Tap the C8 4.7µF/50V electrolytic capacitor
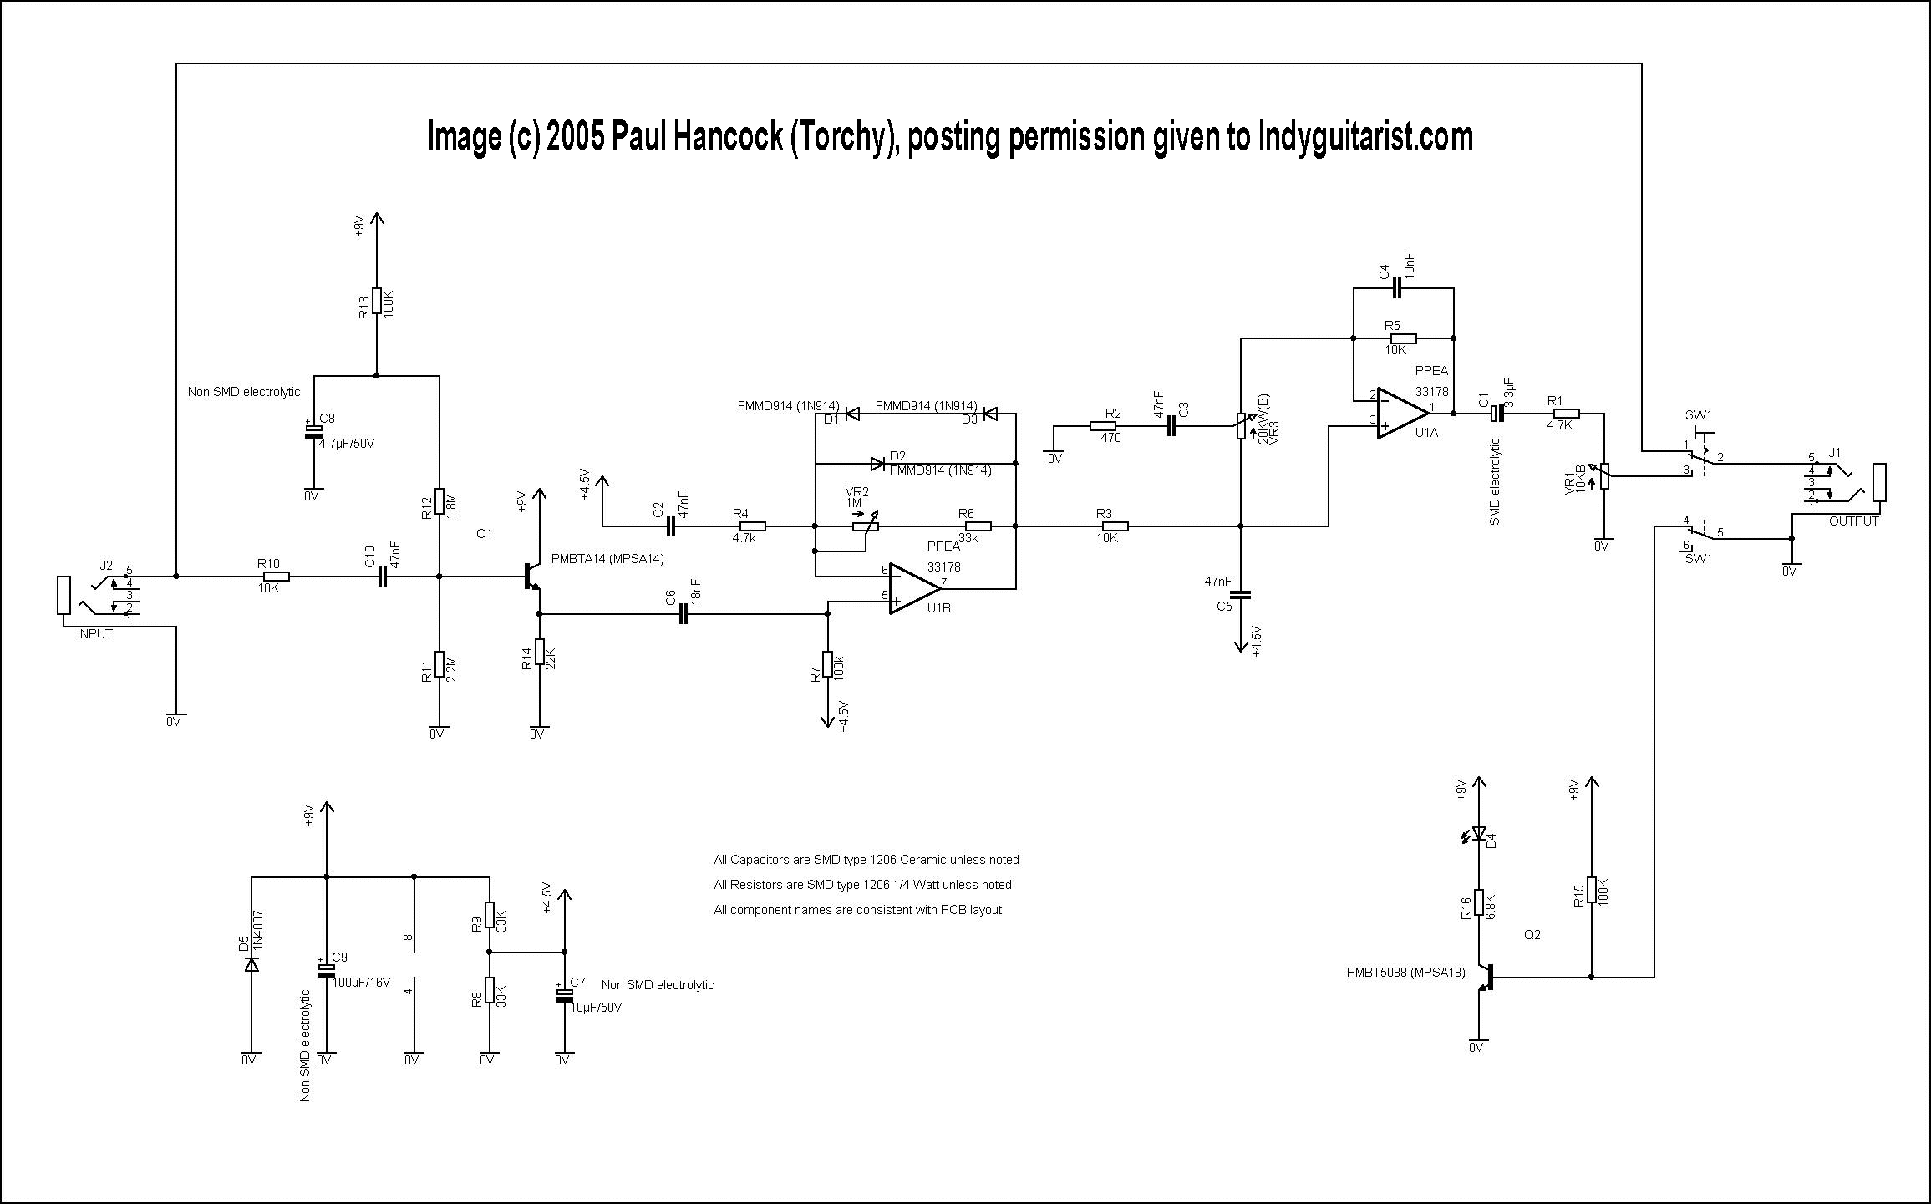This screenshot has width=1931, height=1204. pyautogui.click(x=313, y=431)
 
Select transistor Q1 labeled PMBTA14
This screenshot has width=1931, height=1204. pyautogui.click(x=531, y=577)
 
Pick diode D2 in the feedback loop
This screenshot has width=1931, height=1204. pyautogui.click(x=877, y=463)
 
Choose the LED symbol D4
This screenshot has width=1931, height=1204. pyautogui.click(x=1479, y=834)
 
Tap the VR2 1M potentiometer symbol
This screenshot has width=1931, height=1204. pyautogui.click(x=861, y=526)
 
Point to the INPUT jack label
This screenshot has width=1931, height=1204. pyautogui.click(x=95, y=634)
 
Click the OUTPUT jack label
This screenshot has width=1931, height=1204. pyautogui.click(x=1853, y=521)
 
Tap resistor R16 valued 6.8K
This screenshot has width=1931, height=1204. pyautogui.click(x=1479, y=902)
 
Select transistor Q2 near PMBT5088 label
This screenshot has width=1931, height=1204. pyautogui.click(x=1486, y=978)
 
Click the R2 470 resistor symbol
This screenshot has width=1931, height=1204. pyautogui.click(x=1103, y=426)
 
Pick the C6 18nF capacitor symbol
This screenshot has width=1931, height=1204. pyautogui.click(x=683, y=615)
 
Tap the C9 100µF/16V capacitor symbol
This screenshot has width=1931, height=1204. pyautogui.click(x=326, y=970)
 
